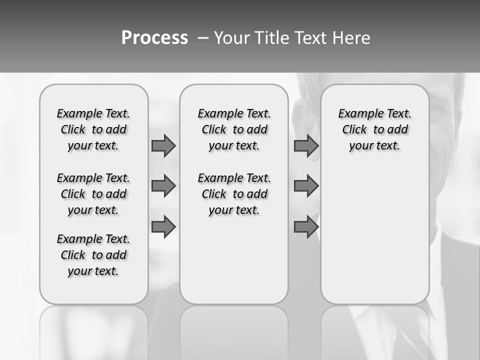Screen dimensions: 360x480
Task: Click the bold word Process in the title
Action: [154, 37]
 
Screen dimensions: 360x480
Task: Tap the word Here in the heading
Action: [352, 37]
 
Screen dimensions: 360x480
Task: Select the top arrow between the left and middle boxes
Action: [163, 145]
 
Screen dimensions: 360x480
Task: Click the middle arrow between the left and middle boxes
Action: [163, 186]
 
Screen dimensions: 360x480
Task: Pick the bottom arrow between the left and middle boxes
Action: [163, 227]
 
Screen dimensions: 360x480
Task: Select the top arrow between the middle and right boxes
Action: [306, 145]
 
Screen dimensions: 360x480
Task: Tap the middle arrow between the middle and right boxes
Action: [306, 186]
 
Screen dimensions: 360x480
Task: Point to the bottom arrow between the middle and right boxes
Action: [306, 227]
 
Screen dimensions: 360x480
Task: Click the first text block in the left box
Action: [93, 129]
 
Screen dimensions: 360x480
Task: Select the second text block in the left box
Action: [93, 194]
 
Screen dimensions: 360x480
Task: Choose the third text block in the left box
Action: [93, 255]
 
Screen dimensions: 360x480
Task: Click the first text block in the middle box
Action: [234, 129]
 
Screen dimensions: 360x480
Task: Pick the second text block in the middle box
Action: [234, 194]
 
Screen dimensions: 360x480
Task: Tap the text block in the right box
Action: [374, 129]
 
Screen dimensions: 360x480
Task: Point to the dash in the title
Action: [202, 37]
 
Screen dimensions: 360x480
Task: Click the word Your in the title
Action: [232, 37]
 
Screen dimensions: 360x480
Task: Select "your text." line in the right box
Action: [374, 145]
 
